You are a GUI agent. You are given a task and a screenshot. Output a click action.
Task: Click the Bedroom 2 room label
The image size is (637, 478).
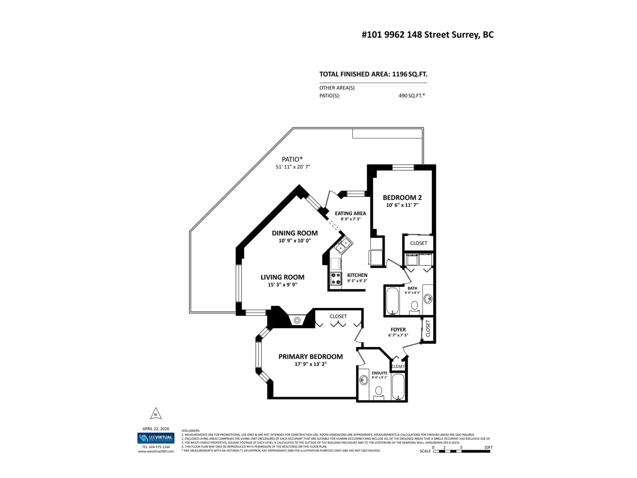(x=402, y=198)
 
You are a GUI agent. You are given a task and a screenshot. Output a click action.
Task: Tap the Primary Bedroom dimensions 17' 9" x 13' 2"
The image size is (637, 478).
(x=311, y=364)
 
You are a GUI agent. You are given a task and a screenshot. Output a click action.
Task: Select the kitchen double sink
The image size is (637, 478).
(x=342, y=246)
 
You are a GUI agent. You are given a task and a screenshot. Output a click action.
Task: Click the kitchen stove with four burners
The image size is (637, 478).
(x=336, y=278)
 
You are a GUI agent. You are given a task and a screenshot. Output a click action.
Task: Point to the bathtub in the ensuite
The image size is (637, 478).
(x=398, y=386)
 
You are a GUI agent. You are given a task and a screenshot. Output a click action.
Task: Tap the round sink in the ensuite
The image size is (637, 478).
(x=363, y=380)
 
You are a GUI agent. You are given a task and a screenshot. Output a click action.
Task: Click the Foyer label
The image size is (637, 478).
(x=398, y=329)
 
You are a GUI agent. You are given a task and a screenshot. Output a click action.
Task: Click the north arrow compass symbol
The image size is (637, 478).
(x=156, y=414)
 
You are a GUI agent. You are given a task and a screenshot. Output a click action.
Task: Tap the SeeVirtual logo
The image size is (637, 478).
(x=156, y=438)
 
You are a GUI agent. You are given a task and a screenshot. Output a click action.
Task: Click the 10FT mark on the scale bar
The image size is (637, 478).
(x=488, y=447)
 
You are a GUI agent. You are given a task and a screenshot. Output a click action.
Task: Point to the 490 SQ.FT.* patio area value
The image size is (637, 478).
(x=411, y=96)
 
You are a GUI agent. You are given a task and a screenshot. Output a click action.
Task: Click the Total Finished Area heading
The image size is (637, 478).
(x=373, y=74)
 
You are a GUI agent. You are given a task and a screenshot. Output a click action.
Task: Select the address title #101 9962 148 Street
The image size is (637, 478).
(x=428, y=35)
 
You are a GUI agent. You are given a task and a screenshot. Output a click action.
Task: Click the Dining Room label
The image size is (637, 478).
(x=295, y=233)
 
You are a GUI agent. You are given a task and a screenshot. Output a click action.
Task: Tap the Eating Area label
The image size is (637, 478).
(x=350, y=214)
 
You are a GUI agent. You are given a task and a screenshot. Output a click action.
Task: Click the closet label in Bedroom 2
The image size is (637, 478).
(x=418, y=243)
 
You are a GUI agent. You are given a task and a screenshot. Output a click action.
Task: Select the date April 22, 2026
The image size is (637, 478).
(x=156, y=429)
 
